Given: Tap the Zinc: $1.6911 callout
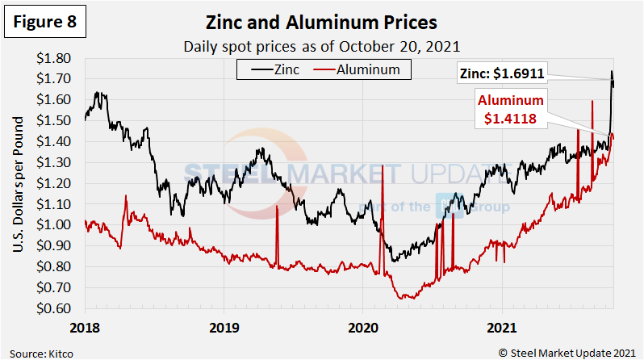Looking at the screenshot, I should pos(533,73).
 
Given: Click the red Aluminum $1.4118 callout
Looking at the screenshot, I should pos(512,109).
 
